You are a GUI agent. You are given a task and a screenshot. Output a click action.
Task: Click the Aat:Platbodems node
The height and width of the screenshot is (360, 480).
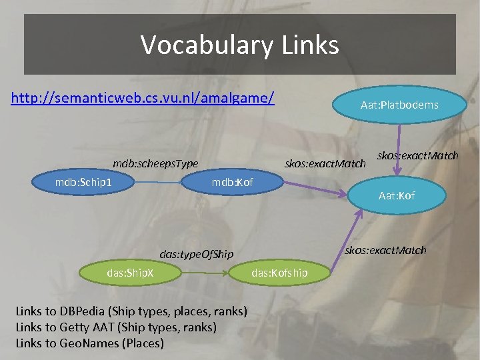click(x=399, y=105)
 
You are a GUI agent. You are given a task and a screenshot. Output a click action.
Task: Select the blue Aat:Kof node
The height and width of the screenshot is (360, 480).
click(x=396, y=195)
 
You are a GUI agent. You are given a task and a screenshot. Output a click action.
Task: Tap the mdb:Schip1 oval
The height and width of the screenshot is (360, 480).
click(x=83, y=182)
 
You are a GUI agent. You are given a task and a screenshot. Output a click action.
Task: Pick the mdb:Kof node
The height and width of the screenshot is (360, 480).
click(x=232, y=182)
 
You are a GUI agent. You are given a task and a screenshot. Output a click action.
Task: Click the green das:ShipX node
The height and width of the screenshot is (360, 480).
click(x=130, y=272)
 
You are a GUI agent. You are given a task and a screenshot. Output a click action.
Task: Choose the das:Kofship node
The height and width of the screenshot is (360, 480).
click(x=279, y=272)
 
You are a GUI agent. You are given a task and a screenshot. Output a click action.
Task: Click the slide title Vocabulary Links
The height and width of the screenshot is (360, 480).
click(x=239, y=45)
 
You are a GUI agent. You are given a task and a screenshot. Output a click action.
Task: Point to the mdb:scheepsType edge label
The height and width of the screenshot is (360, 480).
click(x=155, y=163)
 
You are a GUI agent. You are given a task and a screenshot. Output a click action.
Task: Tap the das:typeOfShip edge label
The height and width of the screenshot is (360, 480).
click(x=197, y=254)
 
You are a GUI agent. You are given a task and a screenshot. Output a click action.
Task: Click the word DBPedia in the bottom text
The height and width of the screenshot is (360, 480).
click(x=83, y=311)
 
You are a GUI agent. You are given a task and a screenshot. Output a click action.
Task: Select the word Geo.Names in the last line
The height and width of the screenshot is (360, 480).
click(x=91, y=343)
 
